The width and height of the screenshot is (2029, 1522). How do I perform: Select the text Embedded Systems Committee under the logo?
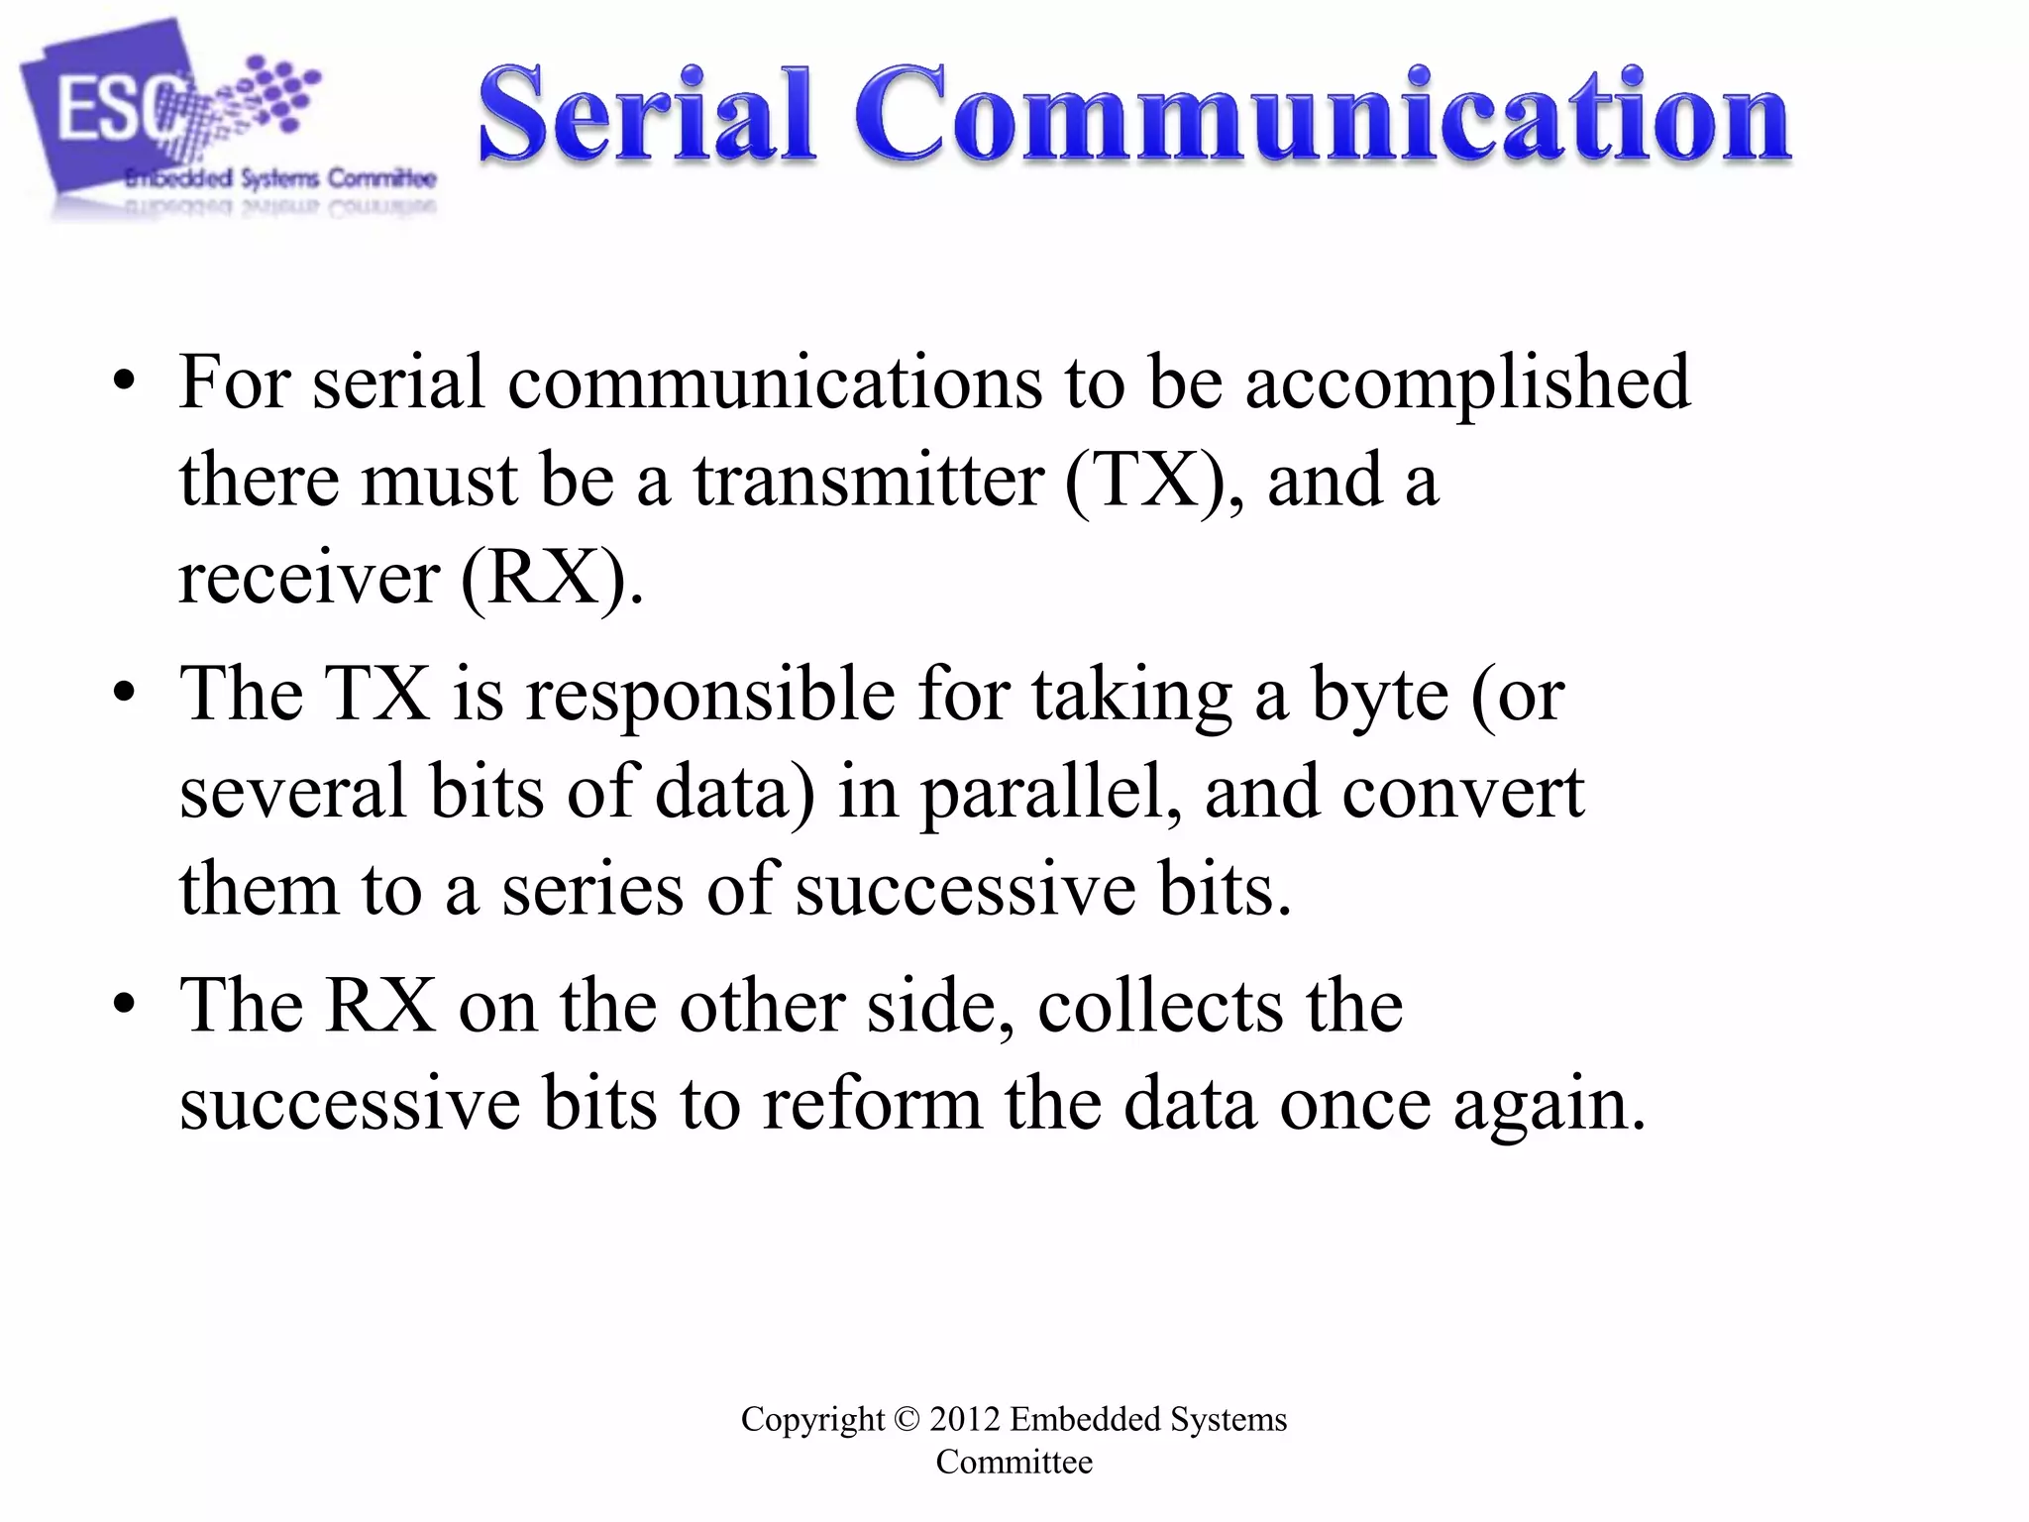pyautogui.click(x=280, y=179)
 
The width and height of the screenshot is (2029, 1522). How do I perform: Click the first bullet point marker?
pyautogui.click(x=124, y=382)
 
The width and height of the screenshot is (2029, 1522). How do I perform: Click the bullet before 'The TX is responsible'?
pyautogui.click(x=124, y=695)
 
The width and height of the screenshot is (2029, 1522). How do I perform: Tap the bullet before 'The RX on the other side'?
pyautogui.click(x=124, y=1006)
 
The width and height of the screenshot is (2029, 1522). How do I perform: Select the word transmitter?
pyautogui.click(x=868, y=481)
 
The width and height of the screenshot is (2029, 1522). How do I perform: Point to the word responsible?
pyautogui.click(x=709, y=695)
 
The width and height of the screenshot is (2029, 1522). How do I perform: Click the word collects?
pyautogui.click(x=1160, y=1006)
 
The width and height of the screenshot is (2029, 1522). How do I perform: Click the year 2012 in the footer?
pyautogui.click(x=964, y=1419)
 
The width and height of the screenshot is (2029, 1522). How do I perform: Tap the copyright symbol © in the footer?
pyautogui.click(x=907, y=1419)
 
